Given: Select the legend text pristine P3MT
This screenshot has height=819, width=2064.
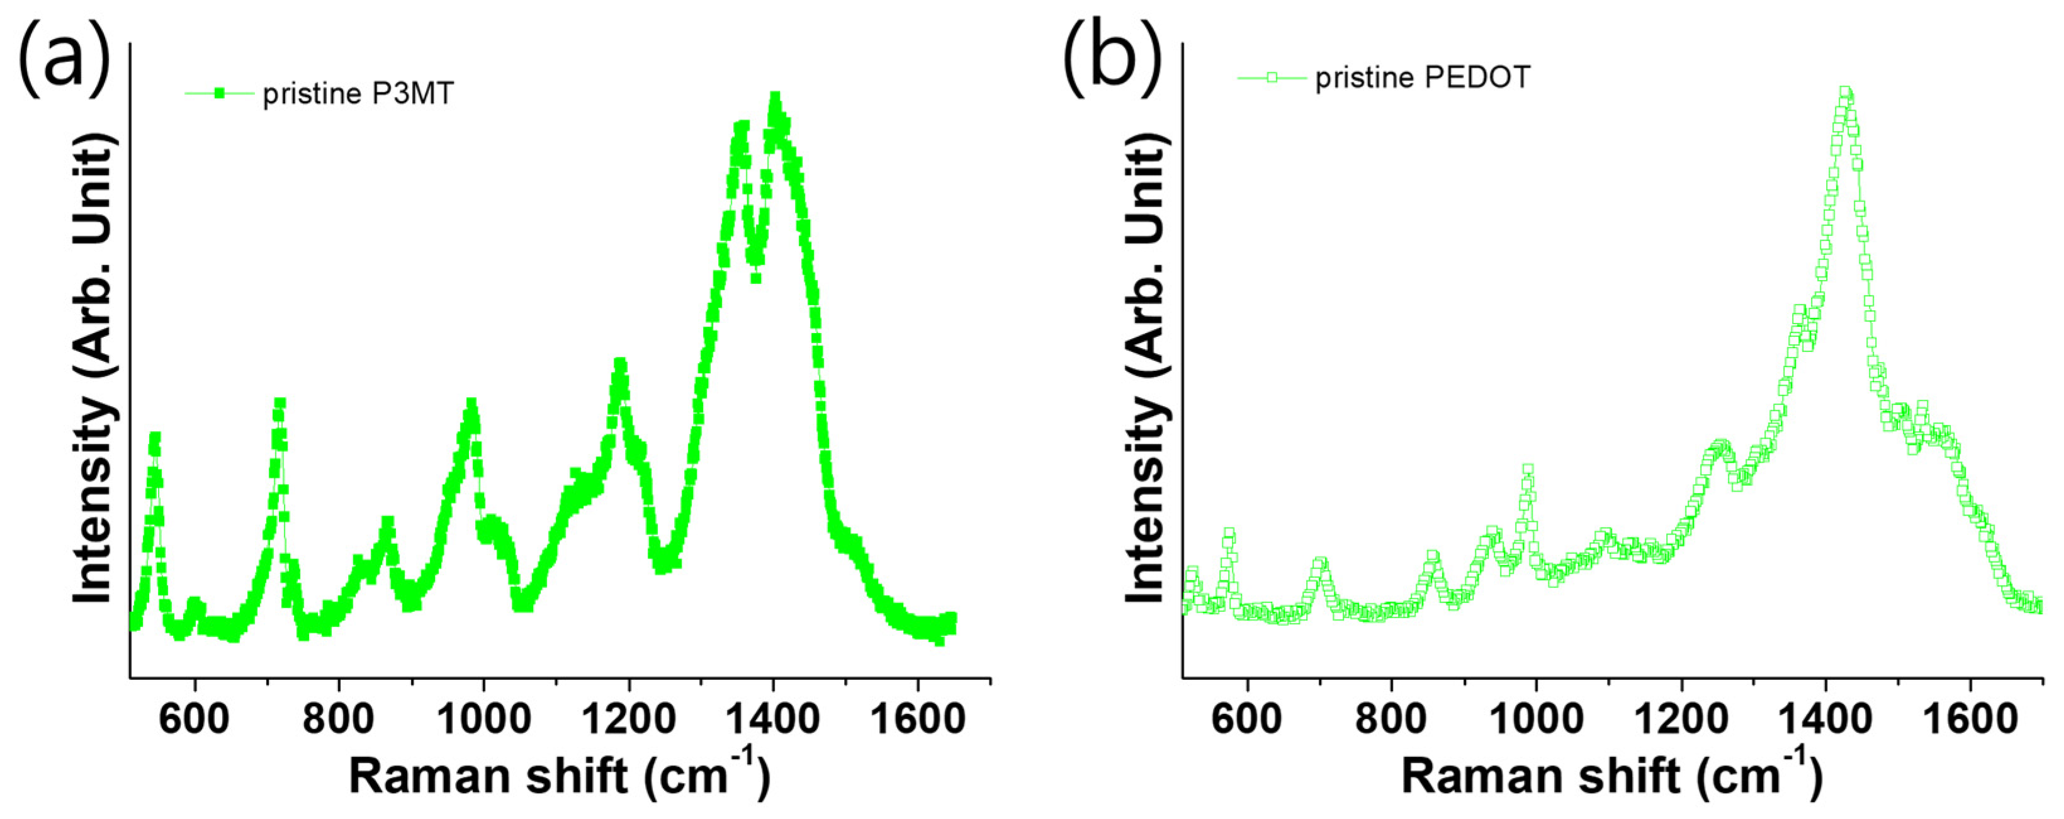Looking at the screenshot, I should tap(358, 94).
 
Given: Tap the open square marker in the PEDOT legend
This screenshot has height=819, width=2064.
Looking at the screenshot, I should tap(1272, 77).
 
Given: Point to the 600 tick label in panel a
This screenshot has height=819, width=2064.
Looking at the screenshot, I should tap(194, 719).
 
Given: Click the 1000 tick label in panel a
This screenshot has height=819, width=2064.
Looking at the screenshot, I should tap(484, 719).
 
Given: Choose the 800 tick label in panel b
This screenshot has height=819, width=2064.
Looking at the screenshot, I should tap(1392, 719).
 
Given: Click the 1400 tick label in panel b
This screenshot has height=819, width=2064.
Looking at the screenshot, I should tap(1826, 719).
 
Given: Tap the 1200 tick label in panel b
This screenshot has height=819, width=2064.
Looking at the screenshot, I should tap(1681, 719).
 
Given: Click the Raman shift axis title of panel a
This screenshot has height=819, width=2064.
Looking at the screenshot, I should tap(559, 775).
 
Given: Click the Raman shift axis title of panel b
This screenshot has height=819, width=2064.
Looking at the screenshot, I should tap(1612, 775).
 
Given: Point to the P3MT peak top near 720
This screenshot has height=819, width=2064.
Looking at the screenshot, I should tap(279, 403).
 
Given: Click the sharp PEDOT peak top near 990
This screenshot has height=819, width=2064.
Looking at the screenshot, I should tap(1528, 470).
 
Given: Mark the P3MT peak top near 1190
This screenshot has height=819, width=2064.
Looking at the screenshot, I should tap(619, 364).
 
